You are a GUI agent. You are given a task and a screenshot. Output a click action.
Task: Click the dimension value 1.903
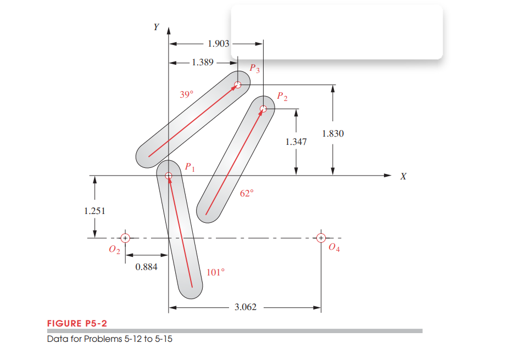[219, 43]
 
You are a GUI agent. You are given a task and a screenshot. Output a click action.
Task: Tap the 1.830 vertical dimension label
[333, 133]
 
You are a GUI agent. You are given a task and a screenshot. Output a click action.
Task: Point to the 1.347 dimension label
[296, 142]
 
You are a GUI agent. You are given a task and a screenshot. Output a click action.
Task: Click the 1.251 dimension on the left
[94, 211]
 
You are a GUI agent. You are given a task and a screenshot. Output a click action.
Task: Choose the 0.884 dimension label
[146, 267]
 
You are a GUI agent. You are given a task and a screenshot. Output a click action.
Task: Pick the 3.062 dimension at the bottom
[245, 307]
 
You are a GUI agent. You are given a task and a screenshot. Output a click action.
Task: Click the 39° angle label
[186, 94]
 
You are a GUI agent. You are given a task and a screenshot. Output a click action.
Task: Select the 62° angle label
[247, 193]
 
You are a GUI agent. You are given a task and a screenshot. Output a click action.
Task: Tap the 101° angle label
[215, 272]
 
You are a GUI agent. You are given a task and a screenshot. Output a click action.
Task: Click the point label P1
[189, 166]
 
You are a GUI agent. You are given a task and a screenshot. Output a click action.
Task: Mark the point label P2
[282, 97]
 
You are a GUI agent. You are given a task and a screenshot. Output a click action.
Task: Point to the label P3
[254, 69]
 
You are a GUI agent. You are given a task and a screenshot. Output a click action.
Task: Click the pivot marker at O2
[125, 238]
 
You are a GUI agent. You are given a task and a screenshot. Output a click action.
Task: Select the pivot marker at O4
[321, 238]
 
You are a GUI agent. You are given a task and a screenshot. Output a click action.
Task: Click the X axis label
[404, 177]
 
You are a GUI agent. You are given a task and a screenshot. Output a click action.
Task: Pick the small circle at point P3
[237, 85]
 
